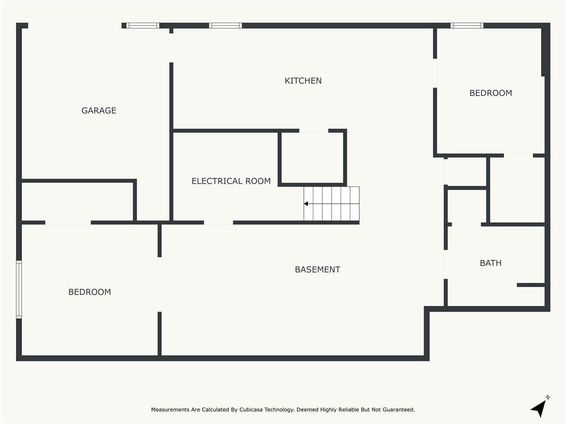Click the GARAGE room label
click(99, 110)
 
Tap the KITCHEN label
click(303, 81)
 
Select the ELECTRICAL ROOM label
click(231, 181)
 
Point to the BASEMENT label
click(318, 269)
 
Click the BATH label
click(491, 263)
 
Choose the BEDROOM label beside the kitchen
click(491, 93)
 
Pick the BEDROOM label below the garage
click(90, 292)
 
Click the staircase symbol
click(332, 203)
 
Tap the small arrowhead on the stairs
click(306, 204)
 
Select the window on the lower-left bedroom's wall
click(19, 289)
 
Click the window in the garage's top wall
click(143, 25)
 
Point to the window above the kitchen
click(226, 25)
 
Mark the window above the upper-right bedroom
click(467, 25)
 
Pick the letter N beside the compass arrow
click(548, 397)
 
